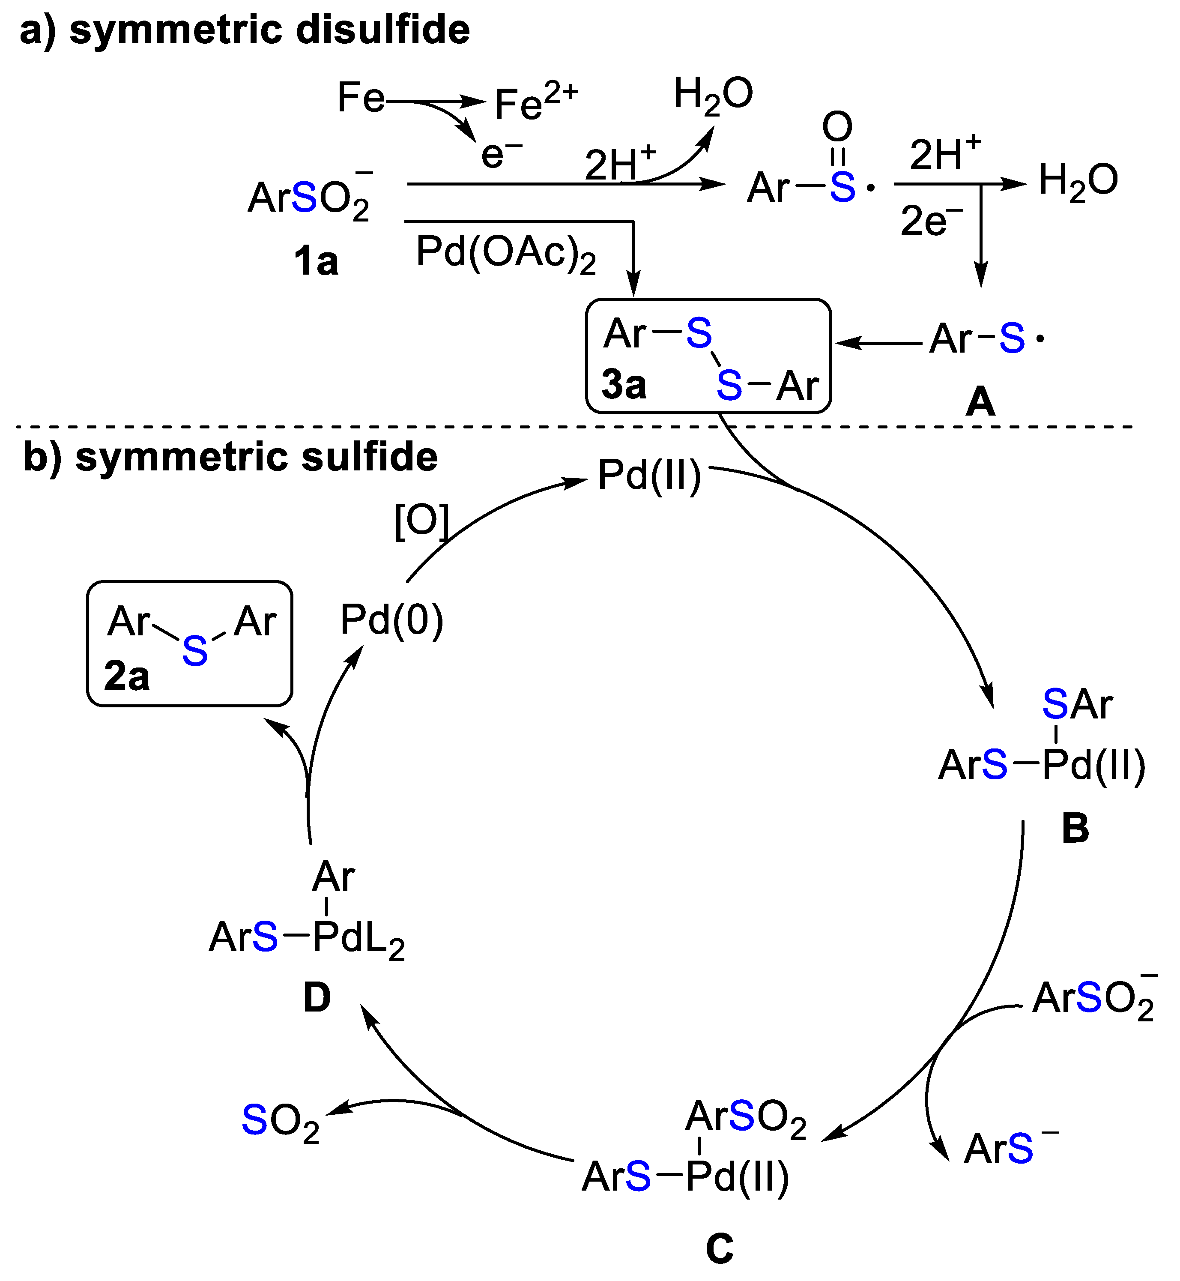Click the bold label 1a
(x=315, y=261)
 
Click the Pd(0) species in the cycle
(x=391, y=620)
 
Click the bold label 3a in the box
(x=624, y=385)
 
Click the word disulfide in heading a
(x=383, y=30)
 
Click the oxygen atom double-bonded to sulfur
(x=837, y=126)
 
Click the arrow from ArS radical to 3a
(x=878, y=344)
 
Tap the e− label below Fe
(x=501, y=154)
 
